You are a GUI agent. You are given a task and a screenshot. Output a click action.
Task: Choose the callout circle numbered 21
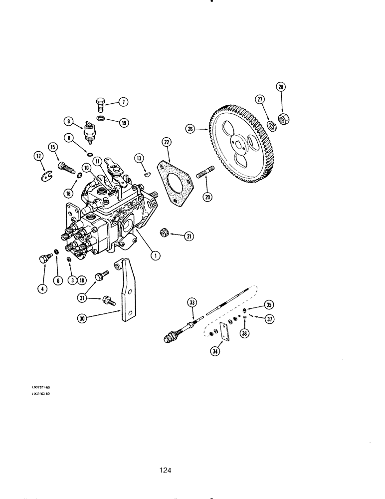(189, 236)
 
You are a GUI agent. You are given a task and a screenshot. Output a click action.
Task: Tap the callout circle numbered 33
(192, 301)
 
